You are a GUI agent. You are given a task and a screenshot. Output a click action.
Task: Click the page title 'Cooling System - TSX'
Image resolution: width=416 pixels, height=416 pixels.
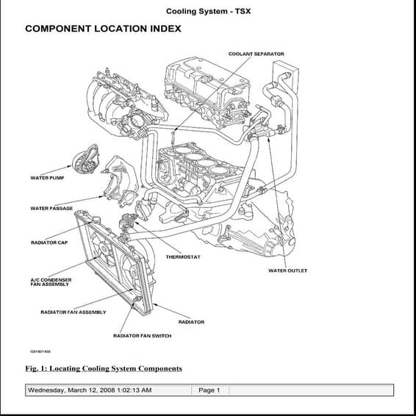click(208, 11)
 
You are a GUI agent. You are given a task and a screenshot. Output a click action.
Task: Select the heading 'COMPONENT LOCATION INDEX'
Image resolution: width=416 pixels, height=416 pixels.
click(103, 29)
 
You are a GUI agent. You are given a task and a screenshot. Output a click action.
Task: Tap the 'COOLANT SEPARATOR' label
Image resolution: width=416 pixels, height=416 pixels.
click(256, 54)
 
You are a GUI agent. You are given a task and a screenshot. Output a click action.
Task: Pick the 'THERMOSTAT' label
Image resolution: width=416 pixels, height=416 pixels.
click(183, 257)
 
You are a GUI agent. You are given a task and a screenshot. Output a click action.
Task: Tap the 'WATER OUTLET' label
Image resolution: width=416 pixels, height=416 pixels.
click(287, 270)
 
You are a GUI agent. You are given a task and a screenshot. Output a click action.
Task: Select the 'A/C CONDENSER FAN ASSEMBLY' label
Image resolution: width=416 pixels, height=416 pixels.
click(51, 282)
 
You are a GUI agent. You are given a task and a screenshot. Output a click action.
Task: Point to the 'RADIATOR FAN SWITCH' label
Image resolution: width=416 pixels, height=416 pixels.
click(142, 336)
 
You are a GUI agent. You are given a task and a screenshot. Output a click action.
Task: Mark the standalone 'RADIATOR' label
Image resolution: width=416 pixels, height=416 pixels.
click(191, 322)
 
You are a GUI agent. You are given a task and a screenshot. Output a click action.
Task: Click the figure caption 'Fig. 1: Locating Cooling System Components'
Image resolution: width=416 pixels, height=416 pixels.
click(104, 368)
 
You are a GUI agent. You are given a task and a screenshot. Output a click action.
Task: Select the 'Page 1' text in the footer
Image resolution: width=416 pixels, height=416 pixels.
click(209, 390)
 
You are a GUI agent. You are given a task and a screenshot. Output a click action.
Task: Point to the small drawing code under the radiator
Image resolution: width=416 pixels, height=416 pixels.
click(35, 351)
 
